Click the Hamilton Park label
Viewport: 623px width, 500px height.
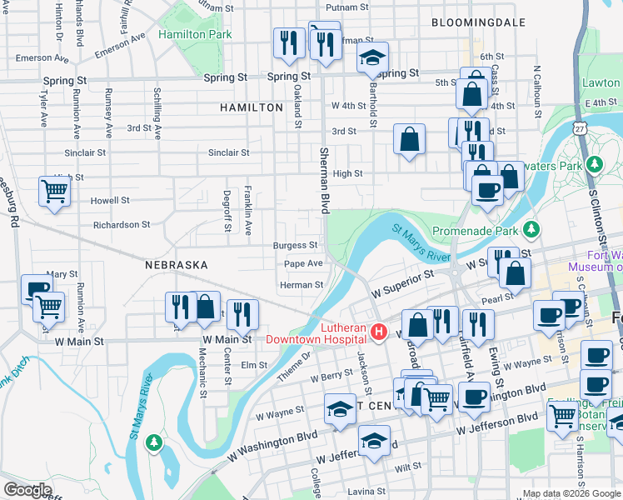(x=195, y=35)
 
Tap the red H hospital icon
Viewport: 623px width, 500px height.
(x=379, y=333)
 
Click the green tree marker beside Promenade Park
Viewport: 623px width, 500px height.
(x=530, y=229)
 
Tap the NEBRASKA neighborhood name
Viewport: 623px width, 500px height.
(x=176, y=264)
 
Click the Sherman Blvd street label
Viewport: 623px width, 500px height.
(x=324, y=179)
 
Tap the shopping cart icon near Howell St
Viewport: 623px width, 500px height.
(x=54, y=192)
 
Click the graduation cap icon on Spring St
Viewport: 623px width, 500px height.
(x=372, y=57)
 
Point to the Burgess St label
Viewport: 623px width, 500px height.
(x=295, y=245)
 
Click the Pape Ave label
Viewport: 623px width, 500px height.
(x=303, y=263)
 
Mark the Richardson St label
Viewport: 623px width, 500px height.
(x=121, y=224)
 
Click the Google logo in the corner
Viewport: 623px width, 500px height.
(x=27, y=490)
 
